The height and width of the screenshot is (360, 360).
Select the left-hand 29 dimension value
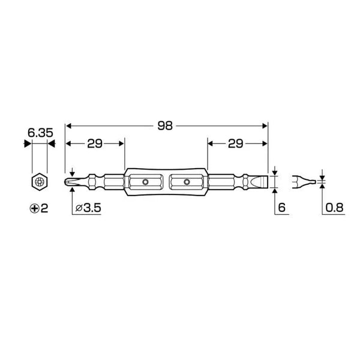click(95, 144)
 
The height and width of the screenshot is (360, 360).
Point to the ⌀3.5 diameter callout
click(88, 208)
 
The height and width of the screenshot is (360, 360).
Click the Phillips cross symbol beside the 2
click(34, 208)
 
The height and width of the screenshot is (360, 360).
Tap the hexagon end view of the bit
click(39, 181)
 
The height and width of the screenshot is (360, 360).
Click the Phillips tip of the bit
click(70, 181)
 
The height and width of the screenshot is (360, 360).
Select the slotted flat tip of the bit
click(260, 181)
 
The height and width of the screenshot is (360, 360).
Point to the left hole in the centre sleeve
click(145, 181)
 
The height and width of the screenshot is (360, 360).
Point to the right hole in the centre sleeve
click(187, 181)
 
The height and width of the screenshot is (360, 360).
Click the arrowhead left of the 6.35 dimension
click(26, 144)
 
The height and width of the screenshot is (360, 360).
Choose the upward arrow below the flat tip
click(275, 191)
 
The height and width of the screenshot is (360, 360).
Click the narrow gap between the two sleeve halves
click(166, 181)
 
